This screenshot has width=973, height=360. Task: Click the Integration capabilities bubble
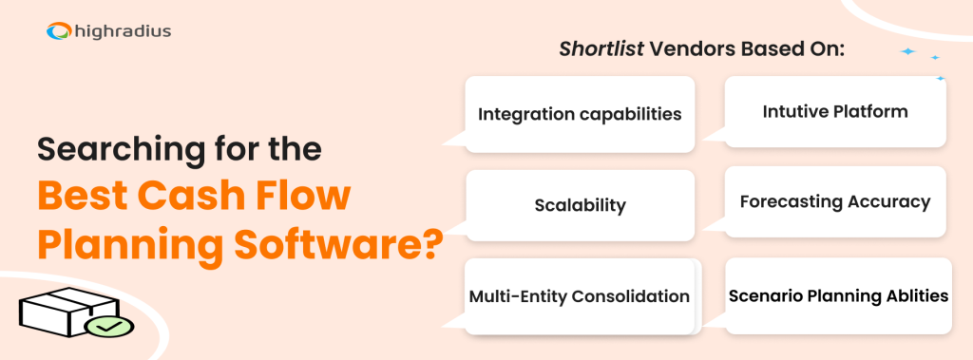tap(580, 114)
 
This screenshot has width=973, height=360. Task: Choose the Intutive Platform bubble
tap(835, 111)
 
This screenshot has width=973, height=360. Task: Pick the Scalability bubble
tap(580, 205)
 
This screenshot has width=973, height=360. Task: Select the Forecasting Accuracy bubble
tap(835, 201)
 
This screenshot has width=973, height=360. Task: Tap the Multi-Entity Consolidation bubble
tap(580, 296)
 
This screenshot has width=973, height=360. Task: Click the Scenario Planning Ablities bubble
tap(838, 295)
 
